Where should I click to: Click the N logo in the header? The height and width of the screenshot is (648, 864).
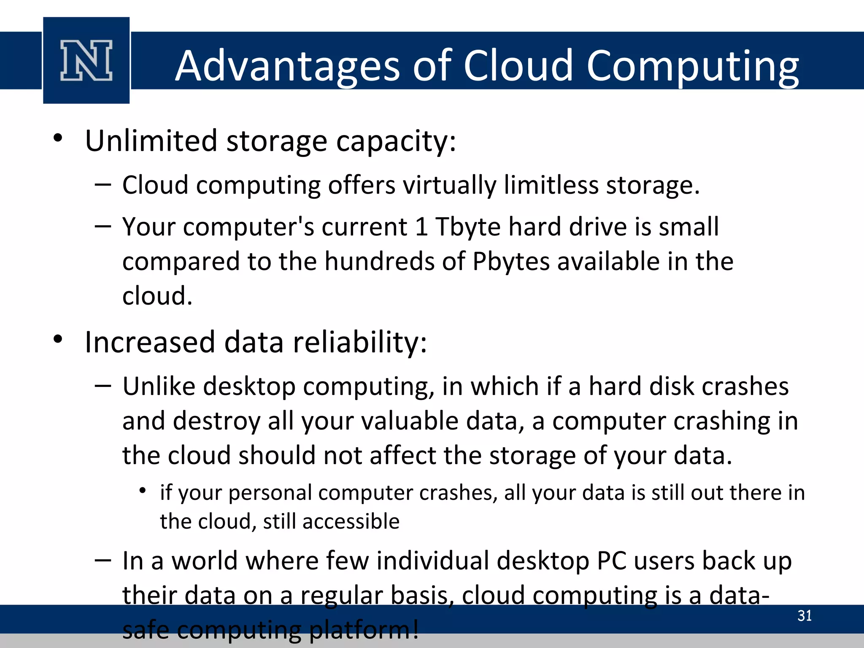click(86, 60)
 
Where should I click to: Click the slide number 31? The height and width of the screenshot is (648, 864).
click(805, 616)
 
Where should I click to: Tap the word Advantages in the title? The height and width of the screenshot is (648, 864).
click(287, 66)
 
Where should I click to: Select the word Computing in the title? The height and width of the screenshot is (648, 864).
click(692, 66)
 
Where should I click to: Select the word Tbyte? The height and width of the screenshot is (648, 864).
click(468, 227)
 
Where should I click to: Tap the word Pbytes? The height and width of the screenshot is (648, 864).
click(511, 262)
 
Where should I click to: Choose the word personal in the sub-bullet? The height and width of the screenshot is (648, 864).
click(270, 493)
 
